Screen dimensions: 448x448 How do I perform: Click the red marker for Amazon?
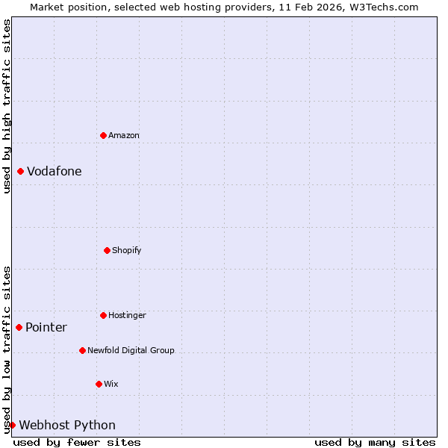103,135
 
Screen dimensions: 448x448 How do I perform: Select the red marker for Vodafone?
20,172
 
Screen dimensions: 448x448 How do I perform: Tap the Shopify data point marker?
107,250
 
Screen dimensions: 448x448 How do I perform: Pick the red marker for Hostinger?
103,315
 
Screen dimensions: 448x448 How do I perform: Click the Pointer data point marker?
19,327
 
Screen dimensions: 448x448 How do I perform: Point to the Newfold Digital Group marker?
82,350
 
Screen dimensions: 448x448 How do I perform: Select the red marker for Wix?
99,384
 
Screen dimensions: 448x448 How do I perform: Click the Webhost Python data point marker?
12,425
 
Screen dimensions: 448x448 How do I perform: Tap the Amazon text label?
124,135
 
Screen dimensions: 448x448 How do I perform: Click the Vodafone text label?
55,172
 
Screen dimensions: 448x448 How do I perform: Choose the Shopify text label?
127,250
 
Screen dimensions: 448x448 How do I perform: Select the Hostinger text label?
127,315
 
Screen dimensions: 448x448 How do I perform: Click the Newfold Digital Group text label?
131,350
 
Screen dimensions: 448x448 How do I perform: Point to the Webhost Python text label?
67,426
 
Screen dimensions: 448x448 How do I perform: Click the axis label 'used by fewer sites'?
77,442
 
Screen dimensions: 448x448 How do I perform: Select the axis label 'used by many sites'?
375,442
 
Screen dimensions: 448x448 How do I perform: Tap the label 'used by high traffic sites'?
7,106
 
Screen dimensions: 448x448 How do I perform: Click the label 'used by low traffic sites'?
7,349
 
